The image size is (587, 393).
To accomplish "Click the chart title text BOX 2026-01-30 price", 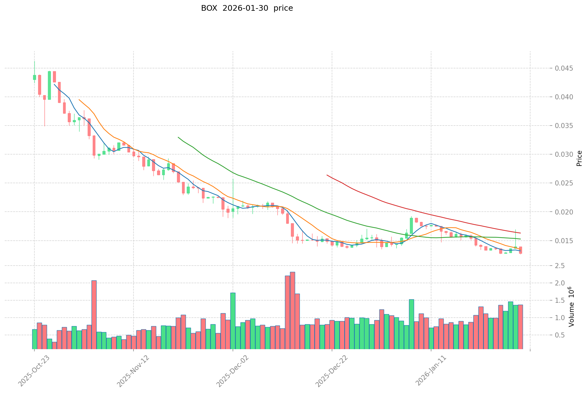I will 247,8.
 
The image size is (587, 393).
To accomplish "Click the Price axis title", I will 579,158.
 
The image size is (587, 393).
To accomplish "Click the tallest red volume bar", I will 293,311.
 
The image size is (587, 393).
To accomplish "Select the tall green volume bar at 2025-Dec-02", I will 233,321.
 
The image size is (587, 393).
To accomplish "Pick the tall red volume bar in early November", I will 94,315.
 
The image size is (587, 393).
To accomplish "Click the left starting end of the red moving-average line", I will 327,175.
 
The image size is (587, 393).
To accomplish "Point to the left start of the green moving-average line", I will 178,137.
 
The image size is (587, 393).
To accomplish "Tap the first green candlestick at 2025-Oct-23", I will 34,77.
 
